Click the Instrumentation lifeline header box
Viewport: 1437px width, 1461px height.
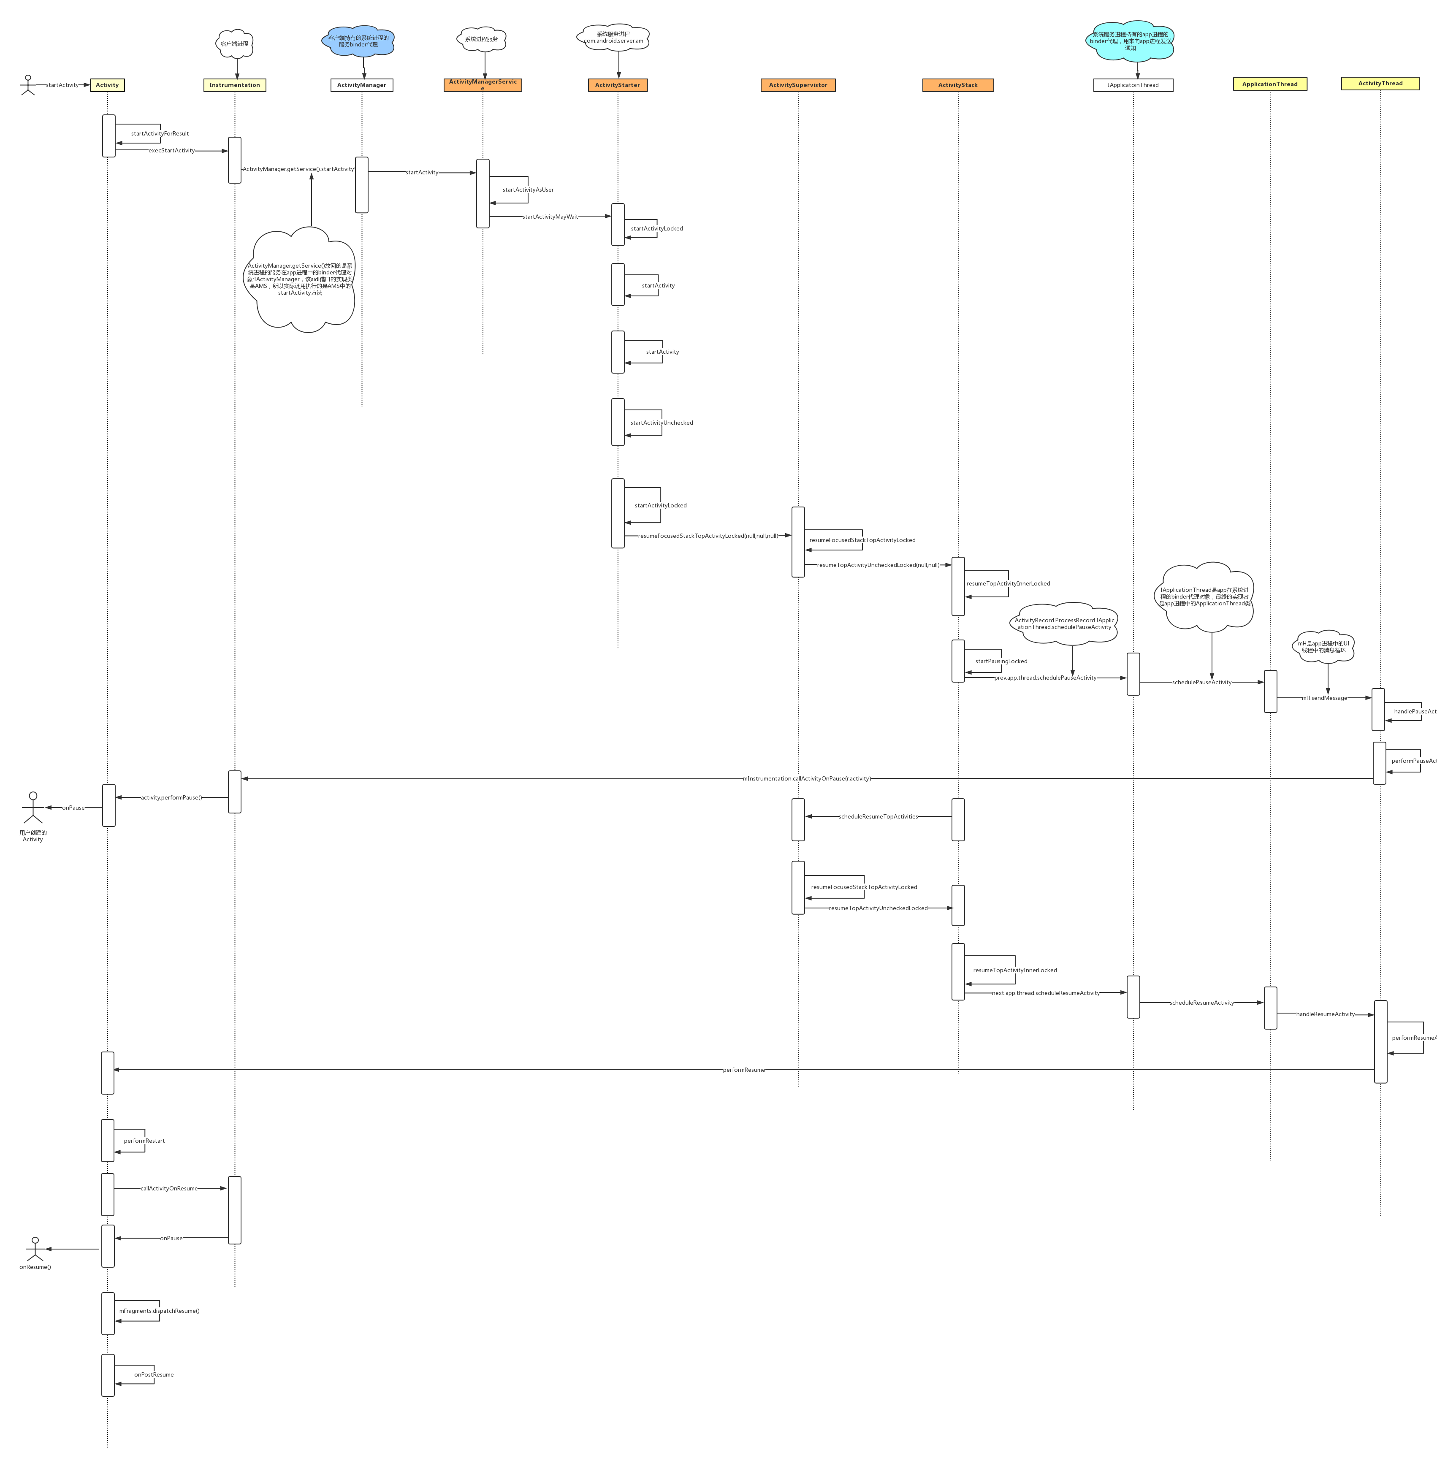click(x=235, y=85)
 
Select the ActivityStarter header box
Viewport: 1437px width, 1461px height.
click(x=617, y=85)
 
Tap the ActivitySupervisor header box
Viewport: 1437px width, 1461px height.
click(x=798, y=85)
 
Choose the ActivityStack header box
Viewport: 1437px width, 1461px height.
click(x=958, y=85)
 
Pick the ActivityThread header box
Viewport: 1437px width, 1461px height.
click(x=1380, y=84)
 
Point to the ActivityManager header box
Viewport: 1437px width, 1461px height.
click(x=361, y=85)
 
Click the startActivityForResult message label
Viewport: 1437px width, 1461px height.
click(x=160, y=133)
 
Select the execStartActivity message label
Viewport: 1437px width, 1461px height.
click(x=172, y=150)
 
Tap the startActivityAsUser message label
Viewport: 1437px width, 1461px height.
click(x=528, y=190)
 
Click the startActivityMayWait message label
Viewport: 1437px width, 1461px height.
click(x=550, y=217)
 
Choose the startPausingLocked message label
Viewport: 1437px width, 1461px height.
click(x=1001, y=661)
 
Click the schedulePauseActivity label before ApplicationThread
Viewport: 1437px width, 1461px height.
click(x=1201, y=682)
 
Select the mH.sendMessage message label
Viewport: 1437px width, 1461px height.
click(x=1325, y=698)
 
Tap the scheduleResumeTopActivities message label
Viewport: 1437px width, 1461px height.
click(x=878, y=816)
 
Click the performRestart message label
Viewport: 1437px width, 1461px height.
click(x=144, y=1140)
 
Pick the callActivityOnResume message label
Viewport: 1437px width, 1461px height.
click(x=169, y=1189)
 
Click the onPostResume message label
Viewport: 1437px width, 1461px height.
click(x=154, y=1374)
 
